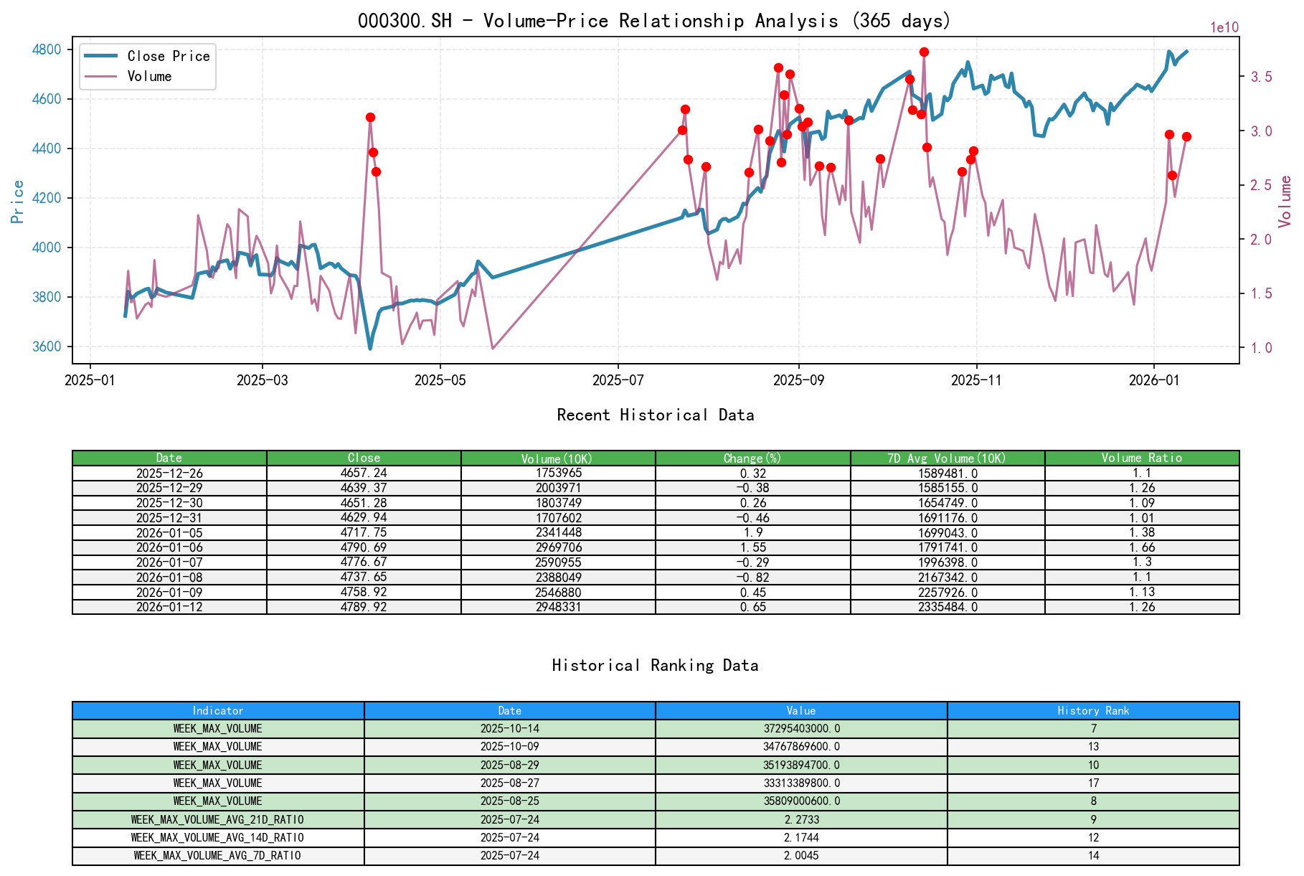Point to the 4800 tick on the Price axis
tap(47, 50)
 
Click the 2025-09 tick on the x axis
tap(798, 380)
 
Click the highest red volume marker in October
tap(924, 52)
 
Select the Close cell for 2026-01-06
tap(364, 547)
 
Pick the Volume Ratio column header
tap(1141, 458)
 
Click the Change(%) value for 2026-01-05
tap(752, 532)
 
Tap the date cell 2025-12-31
tap(169, 517)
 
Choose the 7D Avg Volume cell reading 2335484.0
tap(948, 607)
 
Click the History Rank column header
tap(1092, 710)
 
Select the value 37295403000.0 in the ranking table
tap(800, 728)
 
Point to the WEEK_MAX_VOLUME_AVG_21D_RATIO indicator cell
tap(217, 819)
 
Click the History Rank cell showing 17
tap(1092, 783)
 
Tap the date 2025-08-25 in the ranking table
tap(509, 801)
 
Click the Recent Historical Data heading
tap(655, 415)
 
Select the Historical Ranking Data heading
tap(655, 665)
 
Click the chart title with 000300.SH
tap(653, 20)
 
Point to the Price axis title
tap(17, 201)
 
